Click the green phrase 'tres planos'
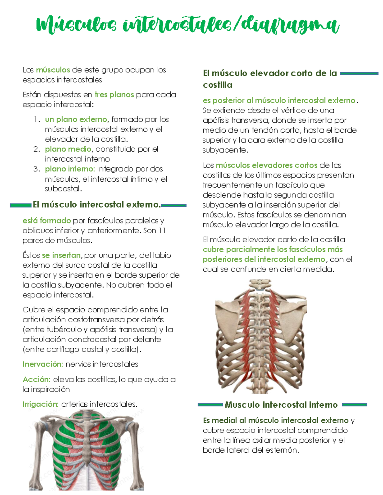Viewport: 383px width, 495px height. click(114, 95)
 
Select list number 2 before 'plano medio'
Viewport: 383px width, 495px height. click(37, 149)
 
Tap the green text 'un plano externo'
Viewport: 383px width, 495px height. click(76, 120)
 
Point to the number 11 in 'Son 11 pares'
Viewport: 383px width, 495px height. click(162, 230)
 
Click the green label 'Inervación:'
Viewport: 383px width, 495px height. click(42, 364)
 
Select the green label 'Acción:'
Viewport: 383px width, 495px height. click(36, 379)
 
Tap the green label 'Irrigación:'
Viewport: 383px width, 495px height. click(40, 404)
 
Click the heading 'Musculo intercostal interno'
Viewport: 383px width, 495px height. click(281, 405)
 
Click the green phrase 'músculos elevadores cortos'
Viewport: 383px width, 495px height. click(266, 165)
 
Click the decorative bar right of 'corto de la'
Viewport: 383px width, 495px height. click(359, 74)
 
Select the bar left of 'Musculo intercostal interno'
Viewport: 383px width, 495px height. click(210, 405)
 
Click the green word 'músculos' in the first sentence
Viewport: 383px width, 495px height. click(53, 70)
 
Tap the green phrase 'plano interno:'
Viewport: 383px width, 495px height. click(70, 169)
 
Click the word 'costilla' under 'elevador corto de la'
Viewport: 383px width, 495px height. click(218, 85)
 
